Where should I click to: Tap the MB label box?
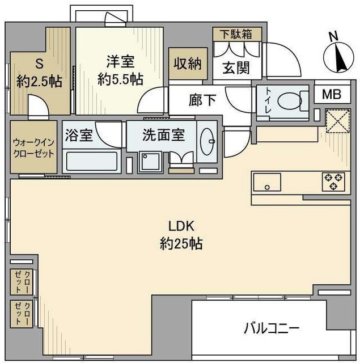pos(332,94)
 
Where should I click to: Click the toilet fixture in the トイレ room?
pos(290,102)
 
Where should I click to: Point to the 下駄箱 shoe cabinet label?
pos(238,33)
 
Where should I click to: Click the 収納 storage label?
pos(188,64)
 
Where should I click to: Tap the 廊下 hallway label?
pos(202,101)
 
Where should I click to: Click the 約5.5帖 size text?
pos(120,79)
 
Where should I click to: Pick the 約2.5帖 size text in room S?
pos(39,82)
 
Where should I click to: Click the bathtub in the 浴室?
pos(90,161)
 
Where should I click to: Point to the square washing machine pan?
pos(150,163)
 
